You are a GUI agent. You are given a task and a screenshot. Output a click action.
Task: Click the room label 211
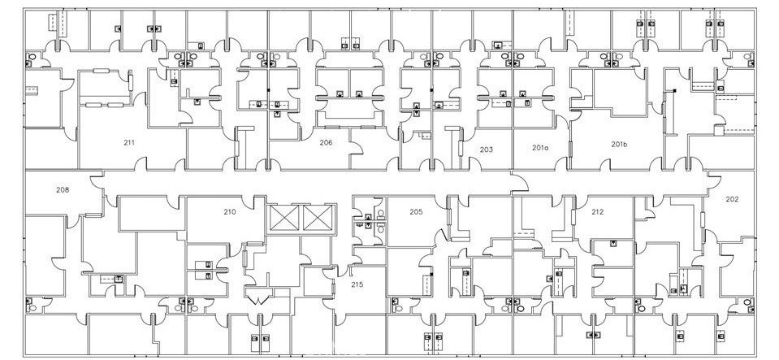click(x=129, y=143)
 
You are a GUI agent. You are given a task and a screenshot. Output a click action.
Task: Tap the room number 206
click(x=326, y=142)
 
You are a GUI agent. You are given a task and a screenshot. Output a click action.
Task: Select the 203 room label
click(x=486, y=150)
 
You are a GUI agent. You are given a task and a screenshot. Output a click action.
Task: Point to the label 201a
click(x=540, y=148)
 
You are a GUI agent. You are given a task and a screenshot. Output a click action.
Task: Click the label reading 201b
click(x=619, y=144)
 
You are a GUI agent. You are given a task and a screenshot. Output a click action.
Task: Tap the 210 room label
click(x=230, y=212)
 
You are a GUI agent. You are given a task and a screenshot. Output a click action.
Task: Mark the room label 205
click(x=416, y=212)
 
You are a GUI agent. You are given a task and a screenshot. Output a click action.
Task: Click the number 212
click(x=597, y=212)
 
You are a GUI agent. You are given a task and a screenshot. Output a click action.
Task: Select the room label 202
click(x=732, y=199)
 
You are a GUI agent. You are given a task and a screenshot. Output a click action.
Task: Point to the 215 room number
click(x=356, y=284)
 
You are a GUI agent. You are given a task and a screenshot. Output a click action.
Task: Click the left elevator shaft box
click(x=284, y=218)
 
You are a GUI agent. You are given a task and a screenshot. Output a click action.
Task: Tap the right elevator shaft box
click(x=317, y=218)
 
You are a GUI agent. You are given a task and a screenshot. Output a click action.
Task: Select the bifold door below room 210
click(x=259, y=298)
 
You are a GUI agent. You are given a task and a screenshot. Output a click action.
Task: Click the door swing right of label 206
click(x=355, y=148)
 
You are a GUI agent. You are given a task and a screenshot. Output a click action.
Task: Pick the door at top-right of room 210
click(x=259, y=202)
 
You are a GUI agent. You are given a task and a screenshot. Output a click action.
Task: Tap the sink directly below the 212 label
click(x=612, y=243)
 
